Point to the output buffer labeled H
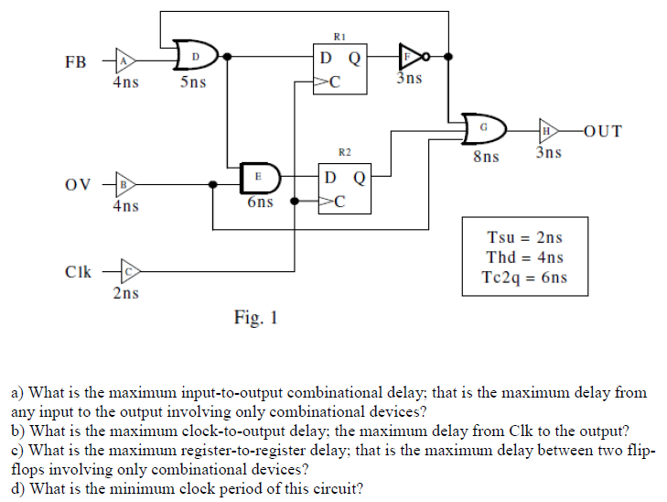coord(548,130)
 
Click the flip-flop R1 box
coord(339,69)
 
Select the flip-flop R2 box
coord(344,188)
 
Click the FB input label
coord(77,63)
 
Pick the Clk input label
coord(79,272)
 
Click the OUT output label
coord(600,130)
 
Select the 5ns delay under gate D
coord(192,82)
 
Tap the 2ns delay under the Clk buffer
coord(126,293)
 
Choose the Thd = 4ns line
coord(525,257)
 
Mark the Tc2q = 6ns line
coord(525,278)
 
